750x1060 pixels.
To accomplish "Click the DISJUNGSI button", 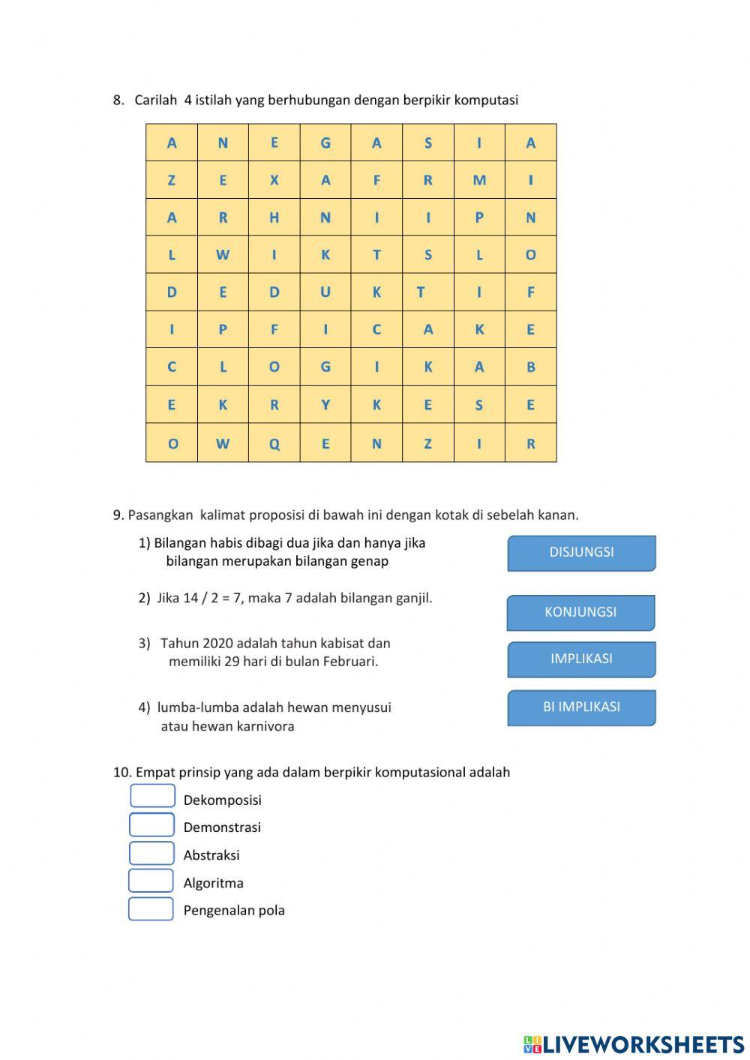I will pyautogui.click(x=581, y=553).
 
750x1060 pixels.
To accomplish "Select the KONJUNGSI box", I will pyautogui.click(x=580, y=612).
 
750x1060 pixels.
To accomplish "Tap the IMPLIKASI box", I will pyautogui.click(x=581, y=659).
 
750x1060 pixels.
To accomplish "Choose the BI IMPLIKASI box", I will pyautogui.click(x=581, y=707).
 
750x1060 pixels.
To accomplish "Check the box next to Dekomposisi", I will pyautogui.click(x=152, y=796).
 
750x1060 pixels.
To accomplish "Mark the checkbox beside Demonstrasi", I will pyautogui.click(x=151, y=824).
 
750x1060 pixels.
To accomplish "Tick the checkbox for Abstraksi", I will pyautogui.click(x=151, y=853).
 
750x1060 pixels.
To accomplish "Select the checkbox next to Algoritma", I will pyautogui.click(x=151, y=881).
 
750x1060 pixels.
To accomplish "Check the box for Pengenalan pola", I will pyautogui.click(x=151, y=908).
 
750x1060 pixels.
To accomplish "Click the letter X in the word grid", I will pyautogui.click(x=274, y=180).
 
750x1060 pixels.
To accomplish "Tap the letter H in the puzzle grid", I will pyautogui.click(x=274, y=218).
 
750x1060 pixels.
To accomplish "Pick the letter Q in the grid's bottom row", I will pyautogui.click(x=274, y=443).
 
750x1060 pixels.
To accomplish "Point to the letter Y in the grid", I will pyautogui.click(x=325, y=405).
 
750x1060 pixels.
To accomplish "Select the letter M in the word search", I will pyautogui.click(x=479, y=180).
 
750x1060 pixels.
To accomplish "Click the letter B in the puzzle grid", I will pyautogui.click(x=531, y=367).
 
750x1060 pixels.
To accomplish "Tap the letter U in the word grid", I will pyautogui.click(x=325, y=292).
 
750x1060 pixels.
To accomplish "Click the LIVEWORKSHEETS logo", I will pyautogui.click(x=633, y=1043).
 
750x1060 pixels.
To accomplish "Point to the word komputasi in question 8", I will pyautogui.click(x=486, y=100).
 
